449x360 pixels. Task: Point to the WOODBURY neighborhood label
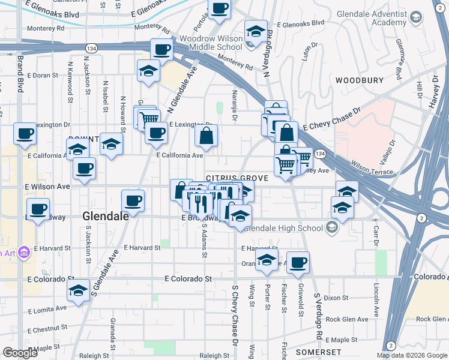360,80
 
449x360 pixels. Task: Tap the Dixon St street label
336,298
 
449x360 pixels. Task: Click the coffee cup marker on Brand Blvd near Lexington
25,133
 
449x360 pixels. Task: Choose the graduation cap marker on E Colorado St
78,290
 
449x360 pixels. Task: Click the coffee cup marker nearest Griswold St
298,261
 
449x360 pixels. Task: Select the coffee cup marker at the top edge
219,8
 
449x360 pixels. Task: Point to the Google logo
20,353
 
